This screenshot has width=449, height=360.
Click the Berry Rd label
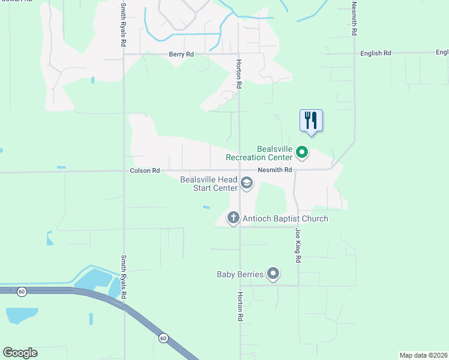click(181, 55)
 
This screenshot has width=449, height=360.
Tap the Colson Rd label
click(145, 171)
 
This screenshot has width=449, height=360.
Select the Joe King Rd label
click(298, 245)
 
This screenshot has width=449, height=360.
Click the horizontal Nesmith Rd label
click(275, 170)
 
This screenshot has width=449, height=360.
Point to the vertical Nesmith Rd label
click(354, 19)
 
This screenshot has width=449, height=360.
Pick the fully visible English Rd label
click(376, 53)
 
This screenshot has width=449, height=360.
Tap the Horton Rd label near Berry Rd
click(239, 74)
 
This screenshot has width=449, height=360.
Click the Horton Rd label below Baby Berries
click(240, 307)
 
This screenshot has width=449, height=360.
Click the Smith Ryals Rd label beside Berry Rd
click(124, 28)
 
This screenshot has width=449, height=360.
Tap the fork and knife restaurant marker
click(311, 120)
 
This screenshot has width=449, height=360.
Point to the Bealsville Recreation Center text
click(259, 153)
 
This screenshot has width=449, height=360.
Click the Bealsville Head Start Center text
click(209, 184)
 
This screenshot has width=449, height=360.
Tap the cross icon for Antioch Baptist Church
click(233, 218)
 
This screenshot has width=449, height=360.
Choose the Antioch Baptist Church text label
click(285, 218)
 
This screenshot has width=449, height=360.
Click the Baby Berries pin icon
click(273, 274)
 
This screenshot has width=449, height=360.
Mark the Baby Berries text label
click(240, 274)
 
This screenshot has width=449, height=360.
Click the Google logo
click(20, 353)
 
